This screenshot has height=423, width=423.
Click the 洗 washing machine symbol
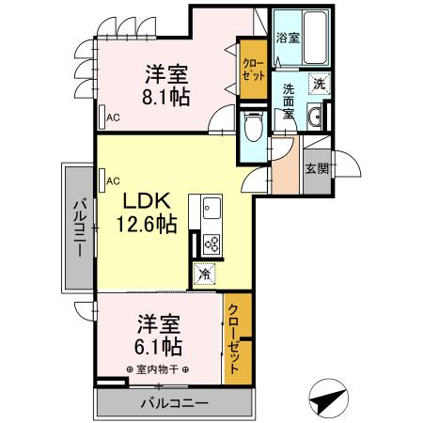click(x=320, y=83)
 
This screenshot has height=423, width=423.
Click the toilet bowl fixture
click(x=251, y=126)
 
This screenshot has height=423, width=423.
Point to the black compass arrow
click(x=326, y=399)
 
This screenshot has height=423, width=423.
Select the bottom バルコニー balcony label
click(x=175, y=403)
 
